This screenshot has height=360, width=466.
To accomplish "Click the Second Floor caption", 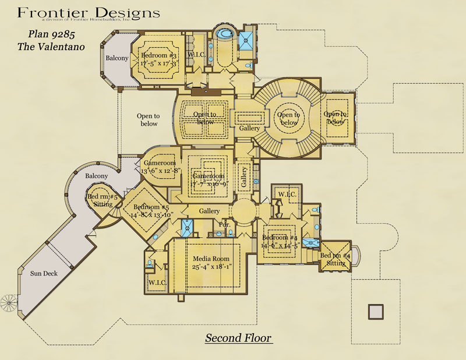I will [238, 338].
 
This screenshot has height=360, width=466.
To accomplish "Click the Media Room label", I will [208, 259].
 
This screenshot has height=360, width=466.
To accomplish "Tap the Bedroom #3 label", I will [158, 55].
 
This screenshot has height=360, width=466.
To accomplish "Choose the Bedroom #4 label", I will [280, 238].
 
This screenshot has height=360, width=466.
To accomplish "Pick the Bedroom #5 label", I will [151, 207].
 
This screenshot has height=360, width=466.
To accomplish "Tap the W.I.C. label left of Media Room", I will [158, 283].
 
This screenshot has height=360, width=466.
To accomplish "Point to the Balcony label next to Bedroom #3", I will [116, 58].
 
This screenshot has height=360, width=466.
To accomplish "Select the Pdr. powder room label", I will [224, 224].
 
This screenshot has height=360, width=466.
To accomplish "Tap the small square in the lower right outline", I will [376, 311].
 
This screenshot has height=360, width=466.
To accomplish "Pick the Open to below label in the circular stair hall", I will [288, 118].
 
